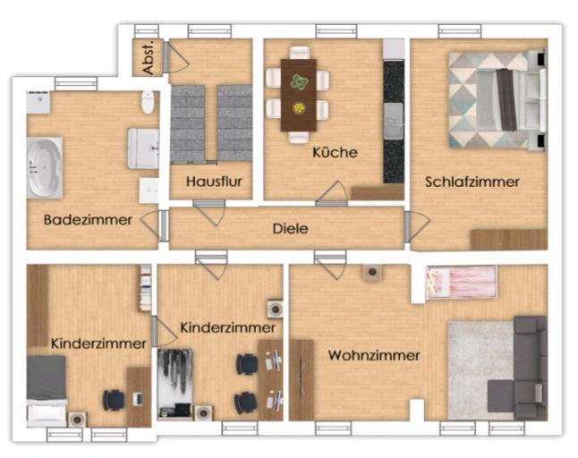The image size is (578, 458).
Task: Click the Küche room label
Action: click(335, 152)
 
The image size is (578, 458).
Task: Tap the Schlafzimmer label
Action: click(472, 181)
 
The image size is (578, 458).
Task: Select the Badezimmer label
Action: click(88, 219)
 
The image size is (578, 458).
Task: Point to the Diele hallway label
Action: click(290, 229)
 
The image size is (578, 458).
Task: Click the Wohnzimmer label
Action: click(373, 355)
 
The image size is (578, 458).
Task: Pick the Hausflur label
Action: click(214, 182)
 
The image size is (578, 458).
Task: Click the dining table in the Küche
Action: click(297, 94)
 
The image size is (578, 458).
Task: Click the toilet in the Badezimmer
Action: click(148, 103)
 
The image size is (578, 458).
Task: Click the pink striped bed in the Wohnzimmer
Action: click(462, 282)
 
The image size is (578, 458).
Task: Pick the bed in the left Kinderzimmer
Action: click(47, 389)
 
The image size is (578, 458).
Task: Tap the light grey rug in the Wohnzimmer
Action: click(478, 367)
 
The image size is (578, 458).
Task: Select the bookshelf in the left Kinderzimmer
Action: click(144, 288)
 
